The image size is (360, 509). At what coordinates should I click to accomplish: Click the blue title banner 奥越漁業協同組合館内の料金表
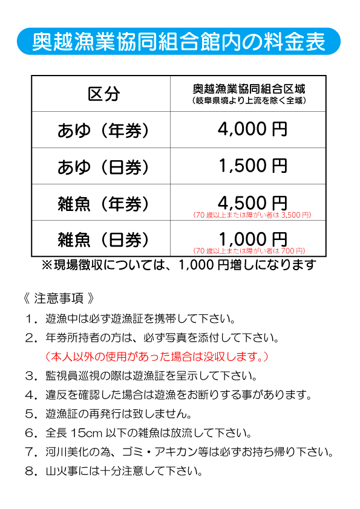click(x=178, y=41)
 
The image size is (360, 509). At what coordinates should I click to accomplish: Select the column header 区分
click(x=103, y=94)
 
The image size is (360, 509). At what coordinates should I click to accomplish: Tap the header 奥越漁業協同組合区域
click(x=249, y=89)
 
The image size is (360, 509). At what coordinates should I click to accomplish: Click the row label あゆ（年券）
click(x=103, y=131)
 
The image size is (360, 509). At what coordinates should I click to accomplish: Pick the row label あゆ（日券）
click(x=103, y=167)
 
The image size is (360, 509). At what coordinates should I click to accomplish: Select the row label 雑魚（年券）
click(x=103, y=204)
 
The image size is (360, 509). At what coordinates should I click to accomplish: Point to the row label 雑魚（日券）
click(x=103, y=239)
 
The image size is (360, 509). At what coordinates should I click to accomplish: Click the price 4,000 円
click(x=252, y=129)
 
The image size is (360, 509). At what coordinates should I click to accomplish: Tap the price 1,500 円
click(x=252, y=166)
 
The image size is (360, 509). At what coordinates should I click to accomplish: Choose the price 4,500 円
click(x=252, y=203)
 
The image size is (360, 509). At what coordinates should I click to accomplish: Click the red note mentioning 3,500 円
click(x=252, y=215)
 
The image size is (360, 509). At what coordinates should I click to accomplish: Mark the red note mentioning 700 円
click(x=249, y=251)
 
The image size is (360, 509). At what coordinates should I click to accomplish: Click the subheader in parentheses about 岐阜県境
click(x=249, y=100)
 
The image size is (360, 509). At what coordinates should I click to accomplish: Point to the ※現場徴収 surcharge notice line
click(x=178, y=265)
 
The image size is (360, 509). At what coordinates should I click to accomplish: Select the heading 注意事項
click(x=59, y=298)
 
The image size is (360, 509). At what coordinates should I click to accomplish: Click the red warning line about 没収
click(x=157, y=357)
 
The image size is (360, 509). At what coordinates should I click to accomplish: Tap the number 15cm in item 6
click(x=87, y=433)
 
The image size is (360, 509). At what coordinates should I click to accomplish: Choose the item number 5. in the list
click(x=32, y=414)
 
